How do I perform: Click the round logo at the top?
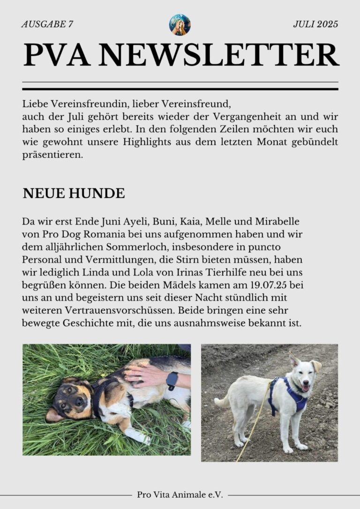[x=180, y=25]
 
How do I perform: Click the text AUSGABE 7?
[x=47, y=25]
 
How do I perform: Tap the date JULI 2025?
[x=315, y=25]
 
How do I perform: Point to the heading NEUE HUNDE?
[x=74, y=194]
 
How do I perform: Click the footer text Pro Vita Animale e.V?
[x=180, y=494]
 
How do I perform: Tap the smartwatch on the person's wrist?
[x=172, y=380]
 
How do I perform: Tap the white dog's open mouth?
[x=306, y=387]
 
